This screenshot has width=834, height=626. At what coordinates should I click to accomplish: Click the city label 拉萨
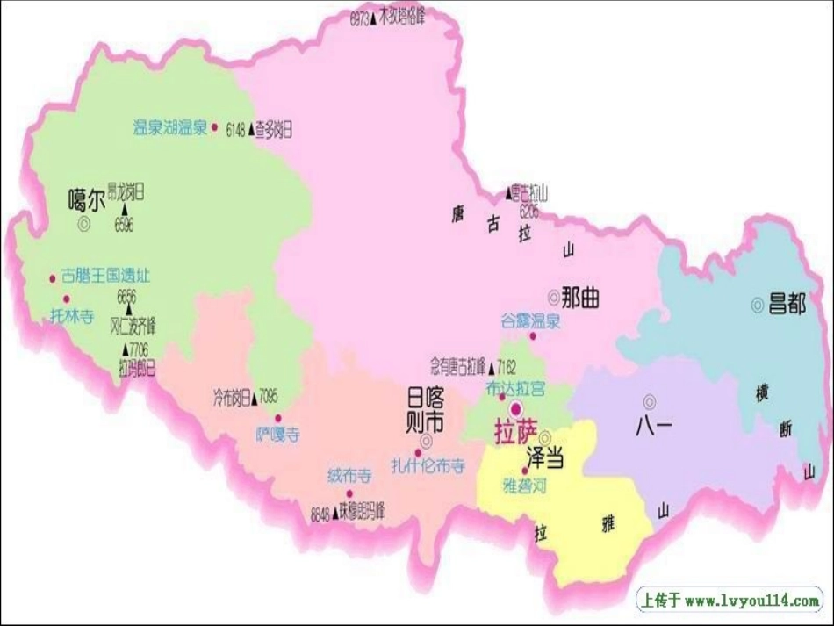[514, 433]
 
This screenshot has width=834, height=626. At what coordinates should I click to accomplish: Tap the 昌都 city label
[787, 305]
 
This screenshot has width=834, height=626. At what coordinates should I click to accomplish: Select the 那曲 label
[580, 298]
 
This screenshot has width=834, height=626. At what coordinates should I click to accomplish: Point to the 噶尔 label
[86, 200]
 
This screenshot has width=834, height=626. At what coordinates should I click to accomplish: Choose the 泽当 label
[544, 457]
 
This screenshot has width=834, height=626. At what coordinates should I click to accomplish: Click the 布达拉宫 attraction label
[515, 387]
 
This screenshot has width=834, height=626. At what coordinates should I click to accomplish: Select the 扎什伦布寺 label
[428, 466]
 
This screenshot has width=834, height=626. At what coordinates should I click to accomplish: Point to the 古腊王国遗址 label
[105, 276]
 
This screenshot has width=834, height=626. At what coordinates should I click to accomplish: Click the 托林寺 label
[71, 316]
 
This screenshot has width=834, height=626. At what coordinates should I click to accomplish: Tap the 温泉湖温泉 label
[169, 127]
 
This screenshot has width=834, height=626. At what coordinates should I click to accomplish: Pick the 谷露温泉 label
[530, 320]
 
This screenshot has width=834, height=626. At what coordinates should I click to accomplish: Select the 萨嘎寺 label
[277, 434]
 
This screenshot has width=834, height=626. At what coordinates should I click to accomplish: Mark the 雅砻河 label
[524, 485]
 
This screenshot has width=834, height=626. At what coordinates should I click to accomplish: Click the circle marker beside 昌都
[757, 305]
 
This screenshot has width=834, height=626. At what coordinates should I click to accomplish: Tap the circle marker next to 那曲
[553, 297]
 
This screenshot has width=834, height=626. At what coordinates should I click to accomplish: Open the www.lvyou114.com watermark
[728, 601]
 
